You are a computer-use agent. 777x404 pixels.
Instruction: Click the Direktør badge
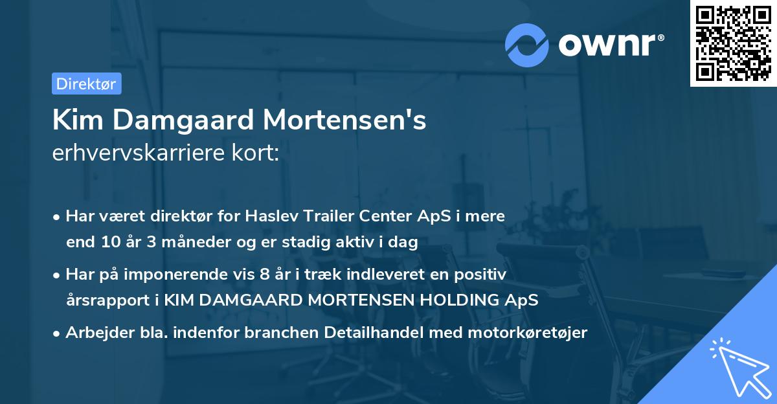[86, 84]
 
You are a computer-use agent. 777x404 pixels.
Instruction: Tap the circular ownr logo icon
[527, 44]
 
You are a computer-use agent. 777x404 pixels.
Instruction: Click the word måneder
[170, 243]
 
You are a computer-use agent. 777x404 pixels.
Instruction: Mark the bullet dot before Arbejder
[57, 333]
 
